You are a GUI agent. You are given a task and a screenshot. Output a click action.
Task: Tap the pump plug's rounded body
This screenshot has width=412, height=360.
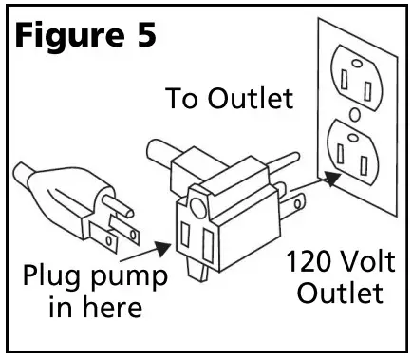click(x=47, y=185)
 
